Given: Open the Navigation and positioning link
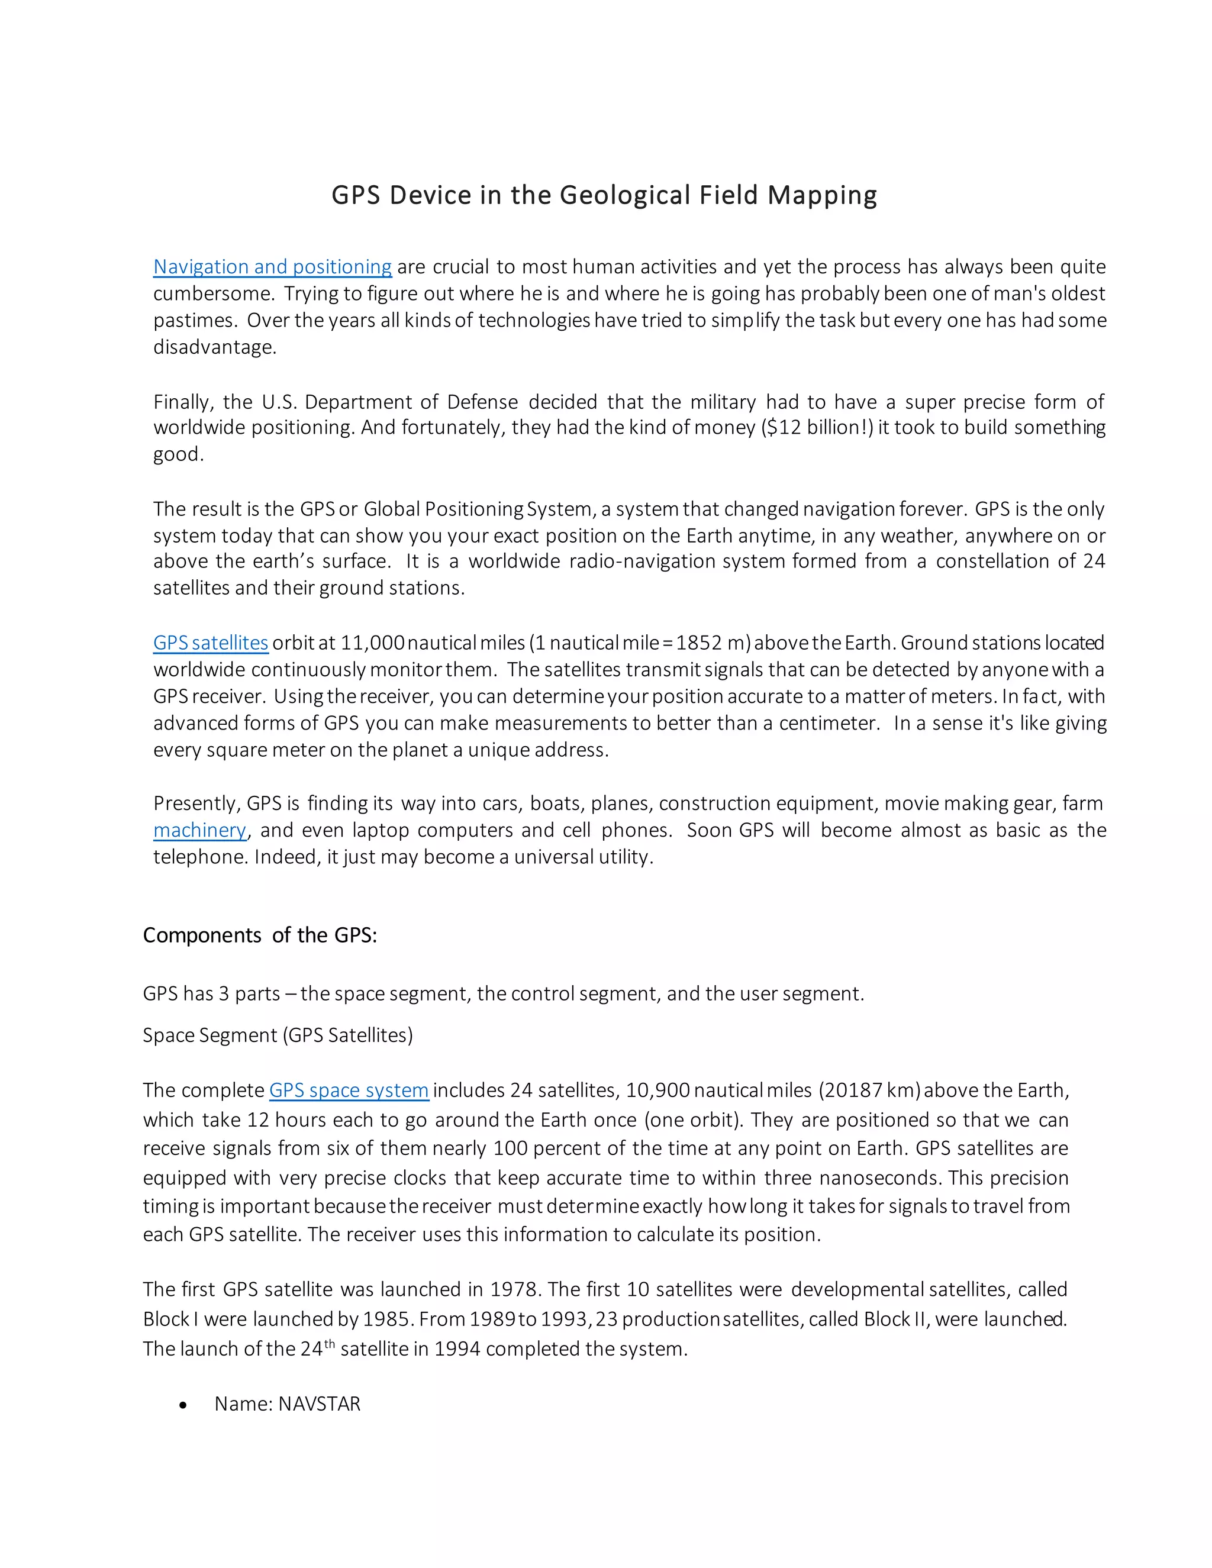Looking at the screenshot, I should click(272, 266).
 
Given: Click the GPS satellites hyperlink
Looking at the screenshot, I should click(210, 643).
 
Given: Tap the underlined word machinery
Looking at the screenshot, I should click(199, 830).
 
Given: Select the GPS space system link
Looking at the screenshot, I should click(349, 1090).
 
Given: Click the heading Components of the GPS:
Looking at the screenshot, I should click(260, 935).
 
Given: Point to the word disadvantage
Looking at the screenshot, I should click(214, 347).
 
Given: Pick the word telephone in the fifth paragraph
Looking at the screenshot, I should click(201, 857).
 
